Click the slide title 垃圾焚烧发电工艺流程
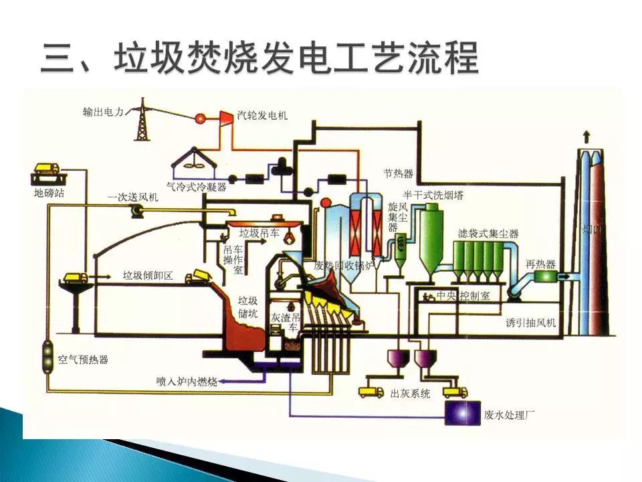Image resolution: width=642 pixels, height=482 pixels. pos(261,59)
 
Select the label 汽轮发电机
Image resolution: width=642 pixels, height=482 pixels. pos(263,115)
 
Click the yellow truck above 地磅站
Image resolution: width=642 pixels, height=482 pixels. pos(45,167)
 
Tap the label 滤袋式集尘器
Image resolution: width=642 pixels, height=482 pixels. pos(489,234)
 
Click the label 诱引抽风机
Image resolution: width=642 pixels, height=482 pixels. pos(532,323)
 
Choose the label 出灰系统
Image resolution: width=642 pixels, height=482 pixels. pos(411,393)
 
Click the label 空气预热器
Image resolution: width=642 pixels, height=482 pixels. pos(83,359)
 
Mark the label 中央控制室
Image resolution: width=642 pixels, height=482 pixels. pos(463,295)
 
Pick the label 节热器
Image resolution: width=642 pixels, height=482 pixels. pos(399,174)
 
